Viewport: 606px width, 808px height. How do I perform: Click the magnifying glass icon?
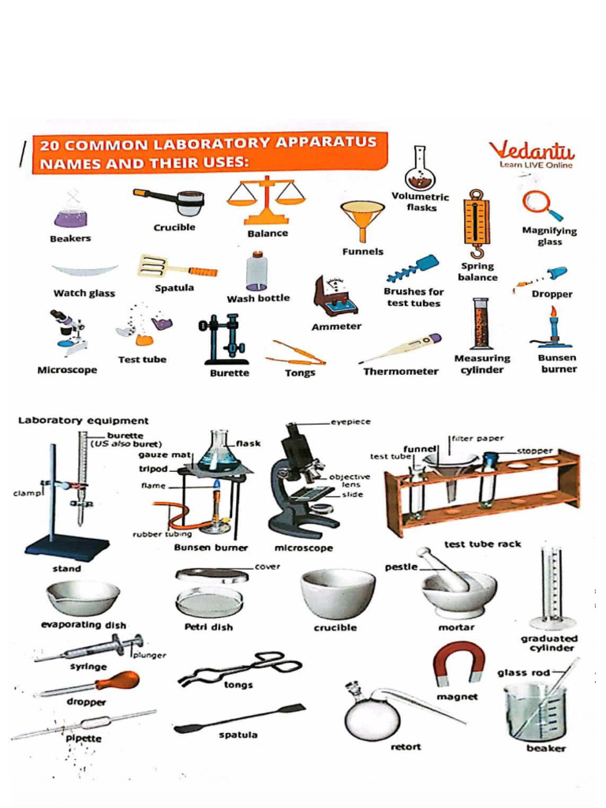click(541, 204)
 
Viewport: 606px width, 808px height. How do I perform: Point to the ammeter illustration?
click(335, 296)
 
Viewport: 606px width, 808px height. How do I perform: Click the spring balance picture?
click(476, 223)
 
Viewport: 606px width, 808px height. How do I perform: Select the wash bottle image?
click(256, 271)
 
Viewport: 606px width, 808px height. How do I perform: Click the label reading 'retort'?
click(406, 746)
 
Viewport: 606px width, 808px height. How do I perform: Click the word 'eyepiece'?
click(350, 422)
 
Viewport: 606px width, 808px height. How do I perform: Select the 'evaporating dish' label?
click(83, 625)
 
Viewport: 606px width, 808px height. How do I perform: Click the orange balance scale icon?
click(265, 200)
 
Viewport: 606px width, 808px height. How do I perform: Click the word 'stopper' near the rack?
click(534, 451)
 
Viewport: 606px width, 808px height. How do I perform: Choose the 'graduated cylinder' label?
click(548, 643)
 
